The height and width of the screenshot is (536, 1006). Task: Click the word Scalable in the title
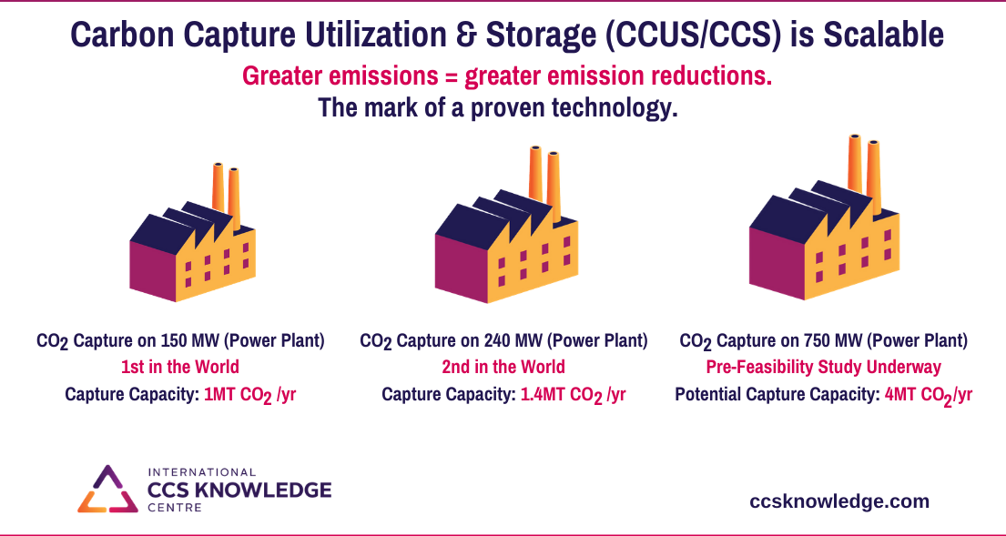883,35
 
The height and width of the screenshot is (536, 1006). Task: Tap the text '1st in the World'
180,367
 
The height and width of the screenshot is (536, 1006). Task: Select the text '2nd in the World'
503,367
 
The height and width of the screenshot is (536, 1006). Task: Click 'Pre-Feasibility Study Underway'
823,367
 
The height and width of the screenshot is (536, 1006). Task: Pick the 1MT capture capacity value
249,395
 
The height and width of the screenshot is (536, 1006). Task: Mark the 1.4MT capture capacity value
573,395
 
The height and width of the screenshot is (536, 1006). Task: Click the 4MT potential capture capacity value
929,395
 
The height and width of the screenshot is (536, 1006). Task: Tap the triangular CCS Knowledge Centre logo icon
107,490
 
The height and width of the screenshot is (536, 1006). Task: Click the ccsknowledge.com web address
839,501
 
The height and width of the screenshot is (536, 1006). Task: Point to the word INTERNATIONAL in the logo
202,472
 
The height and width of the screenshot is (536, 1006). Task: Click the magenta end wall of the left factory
153,271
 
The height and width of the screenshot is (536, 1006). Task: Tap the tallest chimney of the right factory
855,164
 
